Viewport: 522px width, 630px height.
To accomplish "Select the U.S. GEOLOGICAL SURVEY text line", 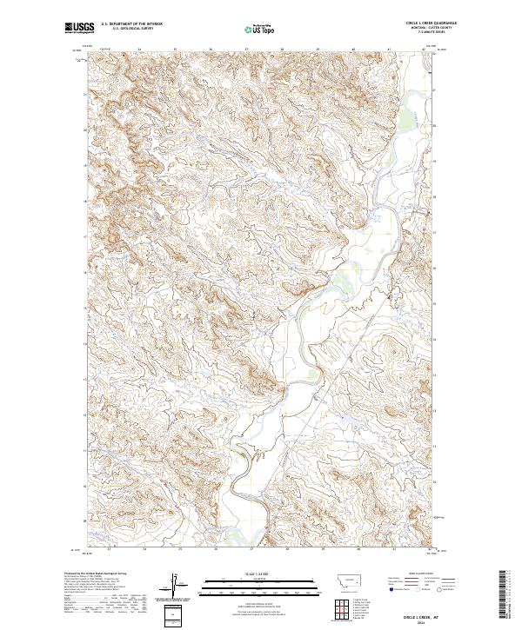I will (x=131, y=30).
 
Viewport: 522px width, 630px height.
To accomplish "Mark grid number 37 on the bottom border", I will (x=251, y=549).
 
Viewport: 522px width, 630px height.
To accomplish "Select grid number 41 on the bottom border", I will (x=393, y=549).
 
